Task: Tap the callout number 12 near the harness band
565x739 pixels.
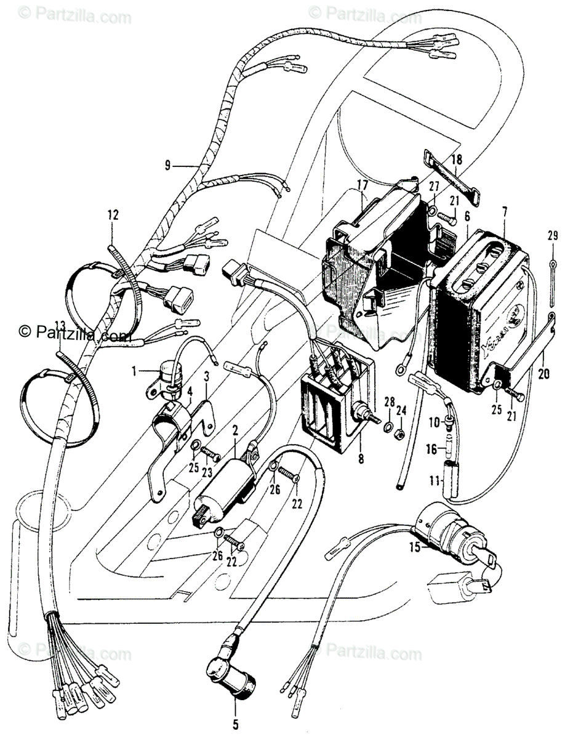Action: (x=113, y=215)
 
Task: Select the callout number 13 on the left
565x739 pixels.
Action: (x=60, y=325)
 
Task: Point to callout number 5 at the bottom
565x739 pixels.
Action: (x=234, y=724)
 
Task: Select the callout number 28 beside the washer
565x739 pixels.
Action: (x=388, y=402)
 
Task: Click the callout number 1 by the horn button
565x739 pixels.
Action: (x=134, y=371)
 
